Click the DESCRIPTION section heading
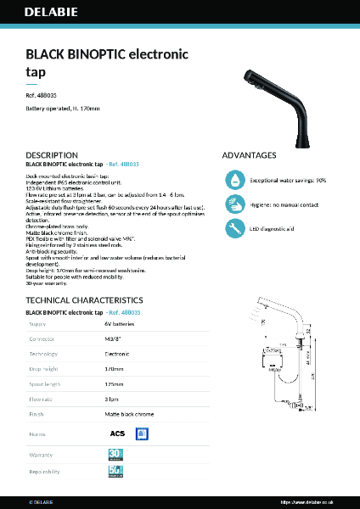coord(52,155)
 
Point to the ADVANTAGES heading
coord(249,155)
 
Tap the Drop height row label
coord(44,369)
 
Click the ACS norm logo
coord(118,433)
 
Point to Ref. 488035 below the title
coord(42,97)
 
